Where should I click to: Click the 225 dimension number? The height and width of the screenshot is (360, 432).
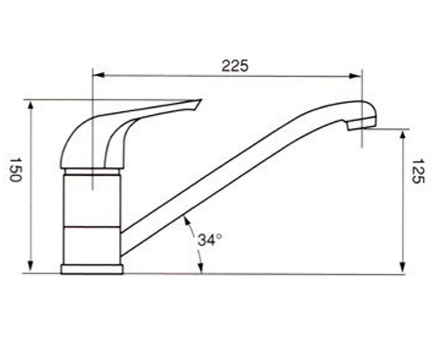click(x=235, y=66)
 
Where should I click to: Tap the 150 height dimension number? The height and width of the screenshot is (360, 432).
click(x=16, y=170)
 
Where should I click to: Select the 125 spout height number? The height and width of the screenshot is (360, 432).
click(x=418, y=171)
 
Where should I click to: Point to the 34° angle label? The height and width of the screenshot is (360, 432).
click(x=210, y=240)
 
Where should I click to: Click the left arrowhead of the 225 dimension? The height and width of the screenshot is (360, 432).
click(x=99, y=75)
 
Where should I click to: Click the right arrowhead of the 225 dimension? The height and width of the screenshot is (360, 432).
click(x=355, y=76)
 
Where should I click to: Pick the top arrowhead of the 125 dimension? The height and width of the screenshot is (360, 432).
click(x=402, y=136)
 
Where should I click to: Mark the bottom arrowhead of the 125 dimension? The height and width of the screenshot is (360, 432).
click(x=402, y=267)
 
